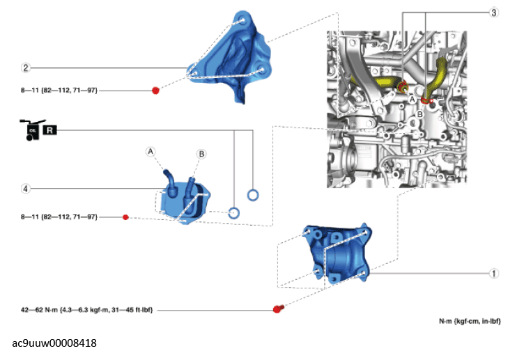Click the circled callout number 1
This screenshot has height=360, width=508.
494,274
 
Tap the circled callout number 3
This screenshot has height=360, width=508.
494,13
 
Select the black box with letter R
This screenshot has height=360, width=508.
50,130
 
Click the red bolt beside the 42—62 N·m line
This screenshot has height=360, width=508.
278,308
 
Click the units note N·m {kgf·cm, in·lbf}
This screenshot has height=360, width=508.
470,322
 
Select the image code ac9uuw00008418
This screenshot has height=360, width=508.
54,343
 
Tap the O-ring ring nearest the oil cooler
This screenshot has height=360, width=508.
234,212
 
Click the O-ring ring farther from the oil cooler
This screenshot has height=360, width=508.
253,194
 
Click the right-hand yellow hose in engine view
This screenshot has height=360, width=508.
441,72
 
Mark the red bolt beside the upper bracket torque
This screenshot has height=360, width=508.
155,91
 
